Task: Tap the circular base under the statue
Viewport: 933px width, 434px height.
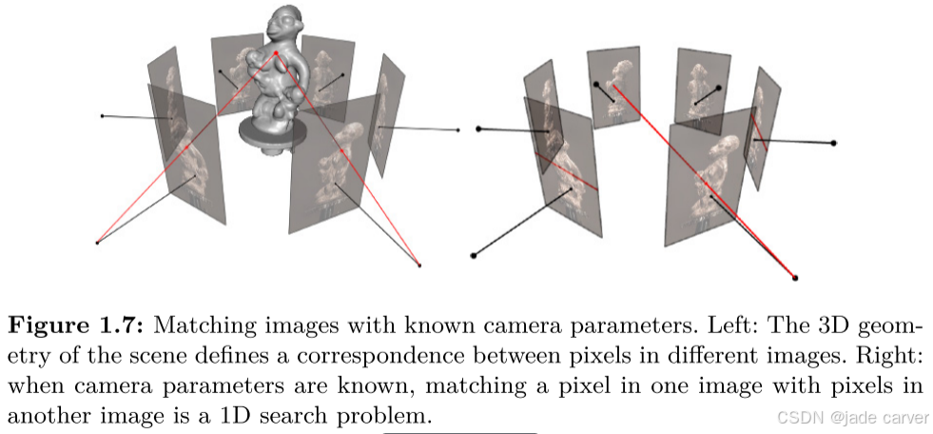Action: (270, 138)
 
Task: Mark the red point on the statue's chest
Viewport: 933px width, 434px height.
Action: (277, 54)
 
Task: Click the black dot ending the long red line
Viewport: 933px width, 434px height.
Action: (795, 277)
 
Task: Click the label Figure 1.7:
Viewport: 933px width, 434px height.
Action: (75, 326)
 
